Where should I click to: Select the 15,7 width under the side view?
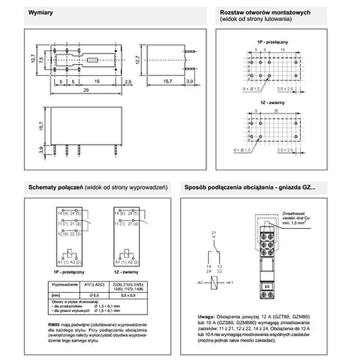point(156,82)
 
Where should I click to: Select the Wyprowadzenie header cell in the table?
point(64,284)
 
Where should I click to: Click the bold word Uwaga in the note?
point(207,316)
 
